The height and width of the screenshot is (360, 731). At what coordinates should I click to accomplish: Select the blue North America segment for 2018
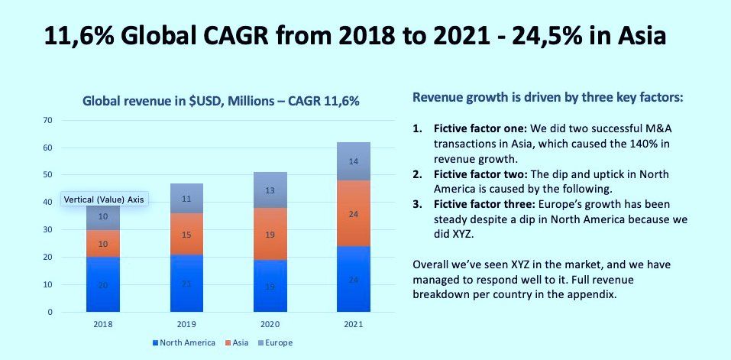[103, 284]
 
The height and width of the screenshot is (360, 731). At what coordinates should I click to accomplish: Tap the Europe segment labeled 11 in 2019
[186, 198]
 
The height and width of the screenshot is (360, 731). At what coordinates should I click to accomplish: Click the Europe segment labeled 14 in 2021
[353, 161]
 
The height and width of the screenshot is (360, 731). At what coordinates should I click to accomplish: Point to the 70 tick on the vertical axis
[47, 120]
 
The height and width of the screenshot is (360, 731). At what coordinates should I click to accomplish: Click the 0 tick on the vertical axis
[50, 312]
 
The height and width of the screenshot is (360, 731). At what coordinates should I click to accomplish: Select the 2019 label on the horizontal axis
[186, 324]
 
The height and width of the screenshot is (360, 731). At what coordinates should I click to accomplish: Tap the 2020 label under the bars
[270, 324]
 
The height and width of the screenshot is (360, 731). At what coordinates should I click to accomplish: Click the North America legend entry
[183, 342]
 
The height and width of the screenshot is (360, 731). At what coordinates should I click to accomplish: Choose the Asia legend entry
[237, 342]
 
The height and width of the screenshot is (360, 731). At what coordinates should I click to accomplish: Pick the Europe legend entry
[274, 342]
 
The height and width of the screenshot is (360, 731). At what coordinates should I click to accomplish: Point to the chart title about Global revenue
[221, 99]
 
